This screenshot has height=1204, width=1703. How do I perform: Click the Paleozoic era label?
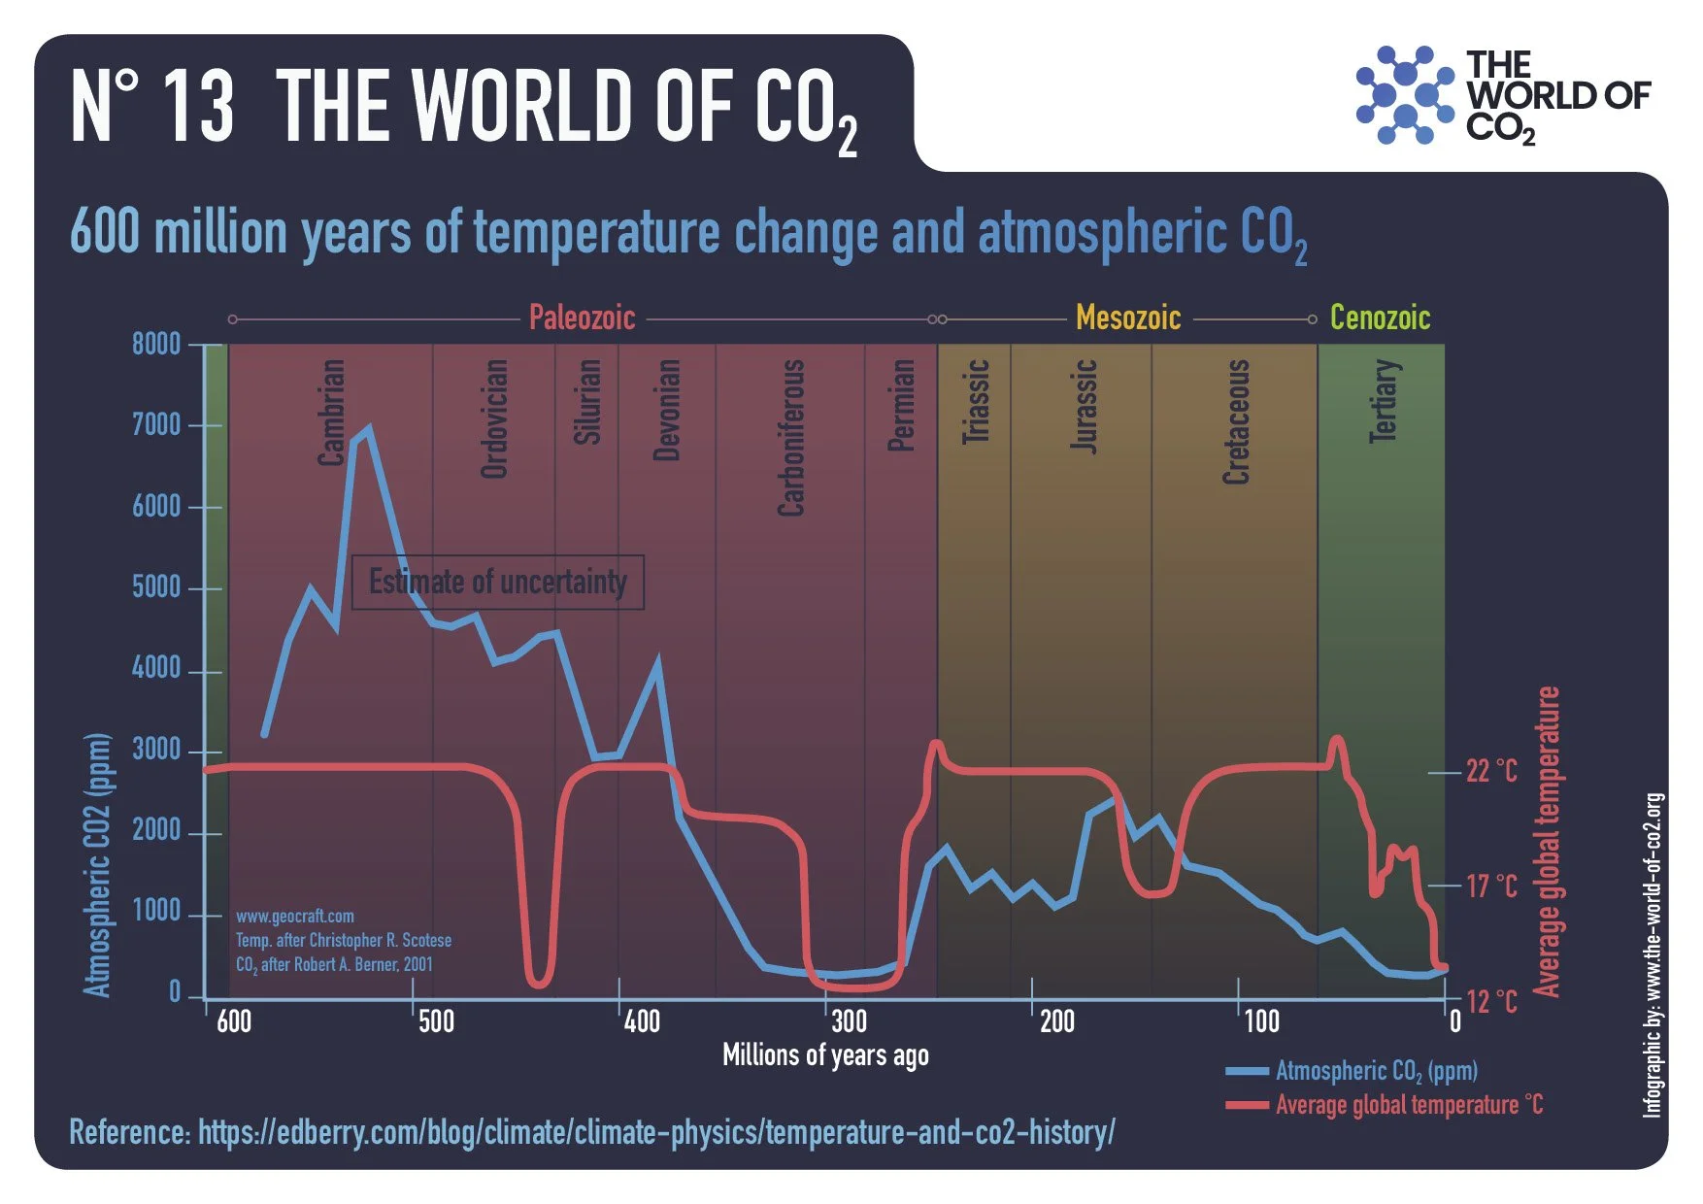click(582, 318)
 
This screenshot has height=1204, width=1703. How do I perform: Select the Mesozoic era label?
click(1127, 318)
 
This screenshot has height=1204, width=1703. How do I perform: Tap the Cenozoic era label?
click(1380, 318)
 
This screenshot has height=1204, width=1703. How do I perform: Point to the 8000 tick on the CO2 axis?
click(156, 344)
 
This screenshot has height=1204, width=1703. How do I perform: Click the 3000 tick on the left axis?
click(156, 750)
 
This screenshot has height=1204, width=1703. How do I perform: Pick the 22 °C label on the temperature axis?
click(1491, 771)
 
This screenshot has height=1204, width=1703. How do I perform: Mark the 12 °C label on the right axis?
click(1491, 1001)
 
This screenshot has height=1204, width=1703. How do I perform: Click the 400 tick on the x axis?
click(642, 1021)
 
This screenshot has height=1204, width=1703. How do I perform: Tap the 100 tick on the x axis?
click(1261, 1021)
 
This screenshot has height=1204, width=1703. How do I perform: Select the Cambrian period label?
click(332, 413)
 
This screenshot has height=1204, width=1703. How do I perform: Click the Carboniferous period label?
click(791, 437)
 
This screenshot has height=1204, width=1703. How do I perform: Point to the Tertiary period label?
click(1384, 401)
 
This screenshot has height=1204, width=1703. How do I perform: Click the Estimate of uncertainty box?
click(497, 583)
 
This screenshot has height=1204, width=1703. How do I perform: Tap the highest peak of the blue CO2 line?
click(368, 428)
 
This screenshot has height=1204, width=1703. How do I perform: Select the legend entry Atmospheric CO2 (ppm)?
click(1376, 1071)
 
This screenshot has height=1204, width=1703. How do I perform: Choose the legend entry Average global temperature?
click(1408, 1105)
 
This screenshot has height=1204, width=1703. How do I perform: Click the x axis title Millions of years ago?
click(825, 1055)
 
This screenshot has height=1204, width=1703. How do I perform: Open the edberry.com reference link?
click(656, 1132)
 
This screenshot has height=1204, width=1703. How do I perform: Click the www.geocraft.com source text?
click(295, 917)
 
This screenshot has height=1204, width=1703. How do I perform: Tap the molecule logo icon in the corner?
click(1404, 95)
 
